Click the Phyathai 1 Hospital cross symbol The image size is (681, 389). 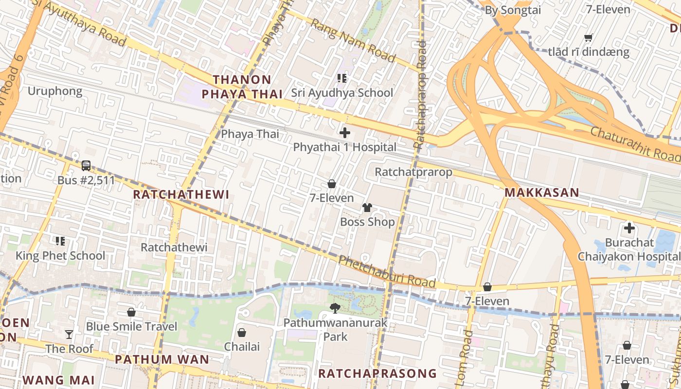click(345, 132)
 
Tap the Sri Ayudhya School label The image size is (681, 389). click(342, 92)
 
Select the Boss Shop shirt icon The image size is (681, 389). click(367, 208)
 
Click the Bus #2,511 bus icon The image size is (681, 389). click(86, 166)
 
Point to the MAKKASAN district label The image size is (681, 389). click(541, 193)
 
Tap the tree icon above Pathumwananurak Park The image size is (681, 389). click(335, 307)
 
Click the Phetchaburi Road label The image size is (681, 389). click(387, 272)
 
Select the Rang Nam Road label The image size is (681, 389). click(353, 41)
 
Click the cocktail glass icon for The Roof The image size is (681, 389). click(69, 334)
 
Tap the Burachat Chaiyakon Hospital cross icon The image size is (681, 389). click(629, 228)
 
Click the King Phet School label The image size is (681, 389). click(60, 255)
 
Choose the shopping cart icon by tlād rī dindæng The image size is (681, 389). click(588, 37)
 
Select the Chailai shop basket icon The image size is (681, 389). click(241, 333)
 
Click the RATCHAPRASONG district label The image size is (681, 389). click(377, 373)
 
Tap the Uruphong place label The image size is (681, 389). click(55, 91)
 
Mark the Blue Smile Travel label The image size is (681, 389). click(131, 326)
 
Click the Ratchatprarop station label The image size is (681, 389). click(413, 172)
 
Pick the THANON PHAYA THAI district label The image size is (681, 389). click(242, 87)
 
